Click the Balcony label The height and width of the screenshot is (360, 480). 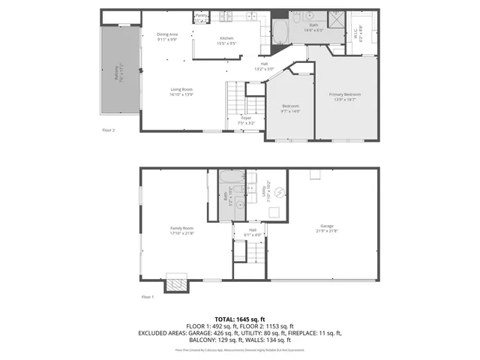pyautogui.click(x=115, y=71)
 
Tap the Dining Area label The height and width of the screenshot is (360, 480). pyautogui.click(x=167, y=34)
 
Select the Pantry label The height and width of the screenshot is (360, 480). pyautogui.click(x=201, y=15)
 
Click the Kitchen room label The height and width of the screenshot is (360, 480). pyautogui.click(x=226, y=38)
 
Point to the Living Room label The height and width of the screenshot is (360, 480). pyautogui.click(x=181, y=89)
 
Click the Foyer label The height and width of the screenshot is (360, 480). pyautogui.click(x=245, y=118)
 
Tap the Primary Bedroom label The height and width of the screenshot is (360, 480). pyautogui.click(x=345, y=94)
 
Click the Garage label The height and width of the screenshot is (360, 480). pyautogui.click(x=326, y=225)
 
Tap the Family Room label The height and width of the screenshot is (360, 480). pyautogui.click(x=182, y=229)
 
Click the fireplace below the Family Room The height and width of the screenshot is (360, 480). pyautogui.click(x=176, y=283)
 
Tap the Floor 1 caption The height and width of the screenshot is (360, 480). pyautogui.click(x=148, y=297)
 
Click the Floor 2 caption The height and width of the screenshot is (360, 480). pyautogui.click(x=109, y=130)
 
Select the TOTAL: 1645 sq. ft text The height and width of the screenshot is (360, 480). pyautogui.click(x=239, y=318)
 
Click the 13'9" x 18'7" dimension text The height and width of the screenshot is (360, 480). pyautogui.click(x=345, y=100)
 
